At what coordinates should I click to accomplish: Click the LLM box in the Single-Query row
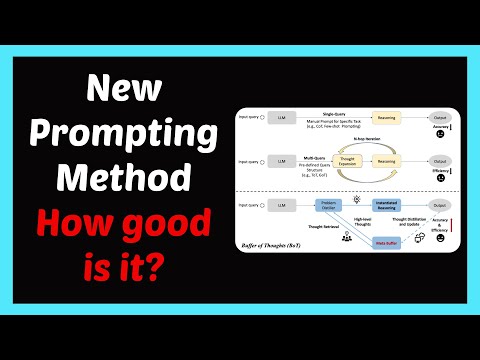click(x=282, y=118)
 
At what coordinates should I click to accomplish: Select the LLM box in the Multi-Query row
click(x=282, y=160)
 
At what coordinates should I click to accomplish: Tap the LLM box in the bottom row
click(x=282, y=205)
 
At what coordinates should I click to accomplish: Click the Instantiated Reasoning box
click(x=389, y=205)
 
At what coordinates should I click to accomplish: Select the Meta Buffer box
click(x=386, y=241)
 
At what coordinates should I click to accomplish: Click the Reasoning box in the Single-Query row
click(x=387, y=118)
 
